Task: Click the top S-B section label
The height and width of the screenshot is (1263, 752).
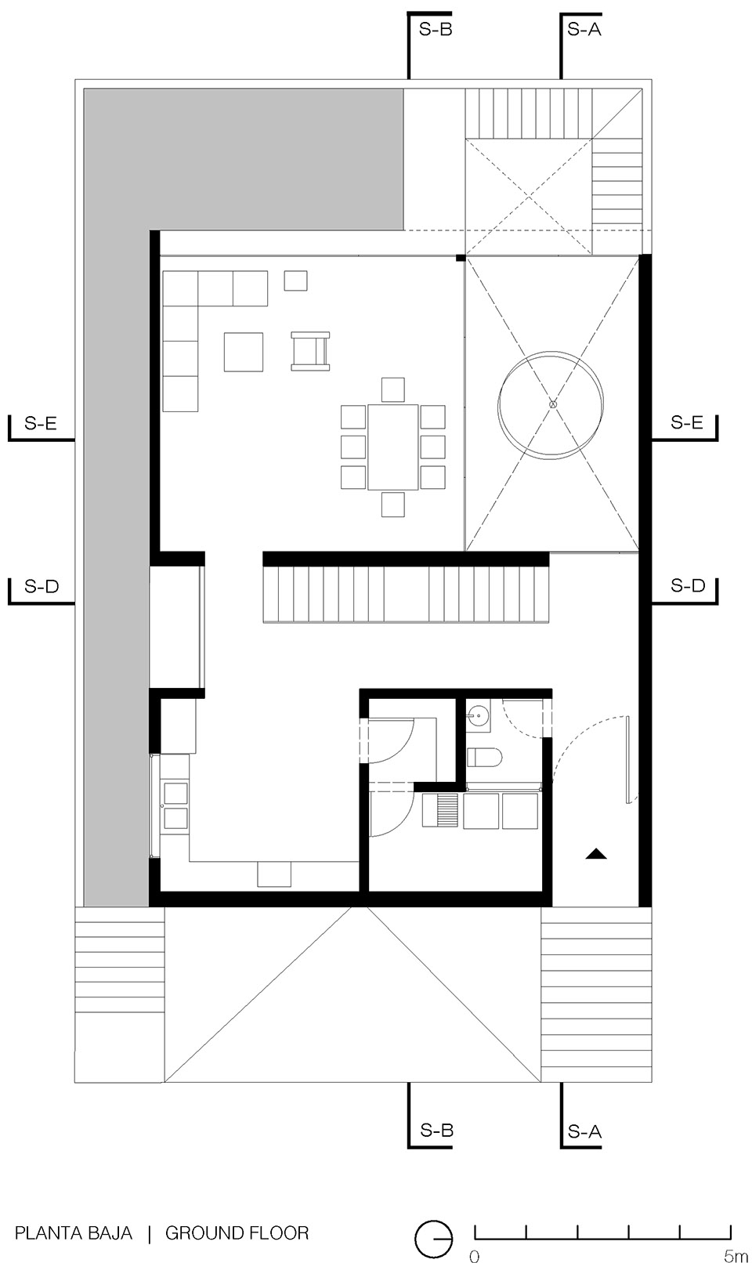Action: [x=436, y=31]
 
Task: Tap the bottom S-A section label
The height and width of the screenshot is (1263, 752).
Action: [x=584, y=1131]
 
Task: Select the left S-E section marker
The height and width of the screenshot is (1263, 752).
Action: [x=40, y=424]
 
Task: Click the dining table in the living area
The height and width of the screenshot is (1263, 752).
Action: [x=393, y=446]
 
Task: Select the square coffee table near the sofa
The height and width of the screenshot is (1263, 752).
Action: [x=244, y=352]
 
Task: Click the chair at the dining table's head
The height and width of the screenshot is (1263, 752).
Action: [x=393, y=389]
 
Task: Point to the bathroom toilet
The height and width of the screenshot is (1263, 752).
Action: [x=483, y=758]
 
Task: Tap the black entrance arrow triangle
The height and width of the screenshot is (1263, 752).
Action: [x=596, y=854]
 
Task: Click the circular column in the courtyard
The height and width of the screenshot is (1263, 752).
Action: [x=552, y=404]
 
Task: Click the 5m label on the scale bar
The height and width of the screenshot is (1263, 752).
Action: [x=736, y=1256]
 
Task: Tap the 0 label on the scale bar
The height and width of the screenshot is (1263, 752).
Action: [x=473, y=1256]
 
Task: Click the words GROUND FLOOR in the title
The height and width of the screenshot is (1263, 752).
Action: [x=237, y=1233]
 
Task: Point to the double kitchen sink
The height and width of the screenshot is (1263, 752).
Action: [x=175, y=805]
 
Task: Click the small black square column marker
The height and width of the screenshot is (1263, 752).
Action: [x=461, y=257]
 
